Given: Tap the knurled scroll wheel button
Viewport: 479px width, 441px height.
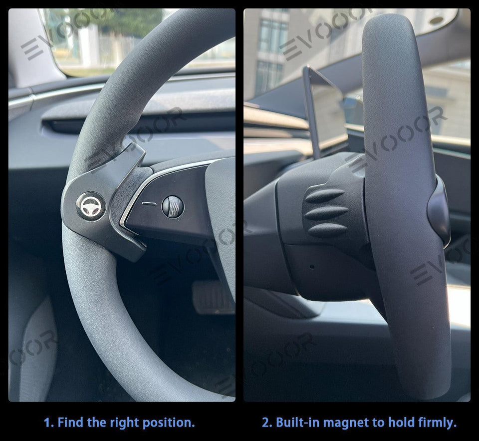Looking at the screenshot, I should click(173, 206).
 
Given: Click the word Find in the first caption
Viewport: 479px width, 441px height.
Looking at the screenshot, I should click(70, 423).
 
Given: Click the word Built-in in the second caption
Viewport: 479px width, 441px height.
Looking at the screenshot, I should click(297, 423).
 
